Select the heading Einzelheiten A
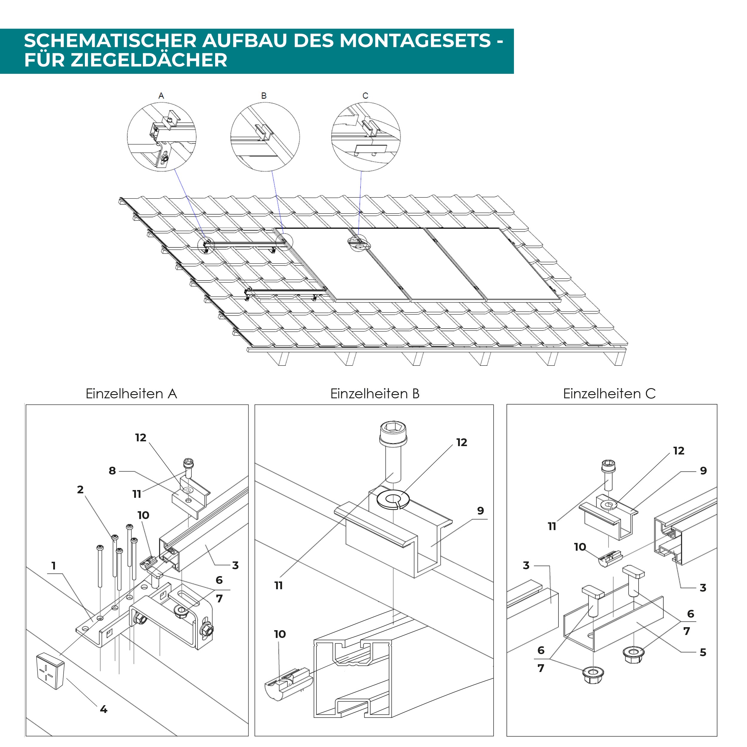[131, 394]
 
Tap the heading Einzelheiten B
[374, 394]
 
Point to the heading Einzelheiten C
[609, 394]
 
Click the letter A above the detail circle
[161, 96]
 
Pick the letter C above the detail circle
[365, 96]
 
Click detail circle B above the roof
[265, 137]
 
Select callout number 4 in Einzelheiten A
[103, 709]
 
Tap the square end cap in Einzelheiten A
[50, 671]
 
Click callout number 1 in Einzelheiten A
[54, 566]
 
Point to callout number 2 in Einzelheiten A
[80, 489]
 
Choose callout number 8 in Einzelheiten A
[112, 471]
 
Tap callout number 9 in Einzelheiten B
[480, 511]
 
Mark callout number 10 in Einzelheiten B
[280, 634]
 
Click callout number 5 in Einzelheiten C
[703, 652]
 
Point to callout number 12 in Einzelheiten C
[679, 451]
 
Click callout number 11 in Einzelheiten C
[552, 526]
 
